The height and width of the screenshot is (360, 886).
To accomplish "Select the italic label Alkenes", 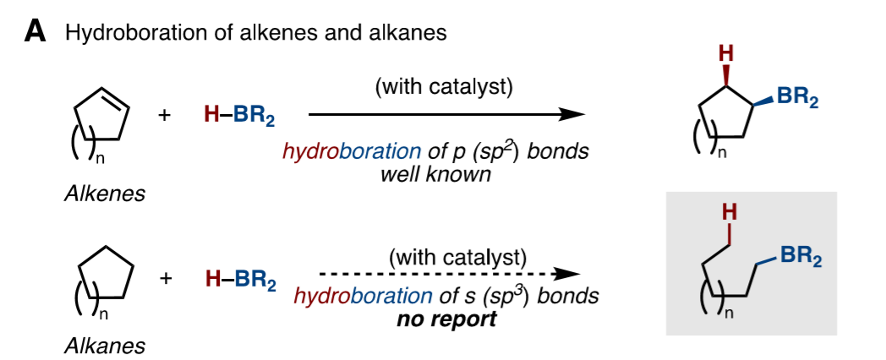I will pos(104,194).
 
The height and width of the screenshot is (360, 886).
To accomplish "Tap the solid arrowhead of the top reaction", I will pos(573,114).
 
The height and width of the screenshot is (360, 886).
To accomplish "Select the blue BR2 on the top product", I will pos(797,98).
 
